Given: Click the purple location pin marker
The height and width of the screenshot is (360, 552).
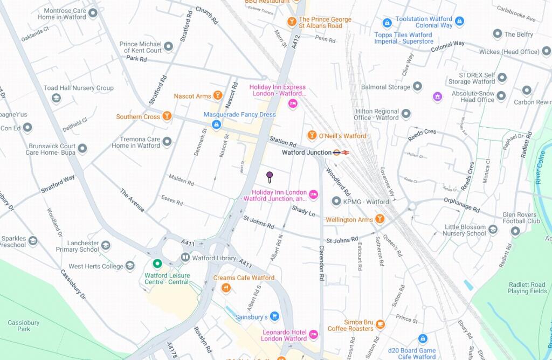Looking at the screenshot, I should (x=270, y=176).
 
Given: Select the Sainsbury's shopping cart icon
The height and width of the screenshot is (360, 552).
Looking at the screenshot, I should (x=274, y=316).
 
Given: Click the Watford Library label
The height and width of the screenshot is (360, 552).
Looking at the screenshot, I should (x=214, y=258).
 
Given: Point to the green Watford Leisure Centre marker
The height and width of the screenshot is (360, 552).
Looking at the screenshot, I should (x=157, y=264).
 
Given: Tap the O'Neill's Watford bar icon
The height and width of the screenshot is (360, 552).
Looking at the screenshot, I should (x=312, y=135).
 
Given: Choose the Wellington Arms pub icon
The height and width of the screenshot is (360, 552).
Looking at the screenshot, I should (x=379, y=219).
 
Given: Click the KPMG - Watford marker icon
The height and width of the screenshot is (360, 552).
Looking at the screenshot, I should (x=336, y=202).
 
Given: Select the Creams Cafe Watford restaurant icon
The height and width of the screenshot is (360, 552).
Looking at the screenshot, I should (x=226, y=288).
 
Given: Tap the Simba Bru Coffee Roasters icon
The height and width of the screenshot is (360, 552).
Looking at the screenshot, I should (x=381, y=324).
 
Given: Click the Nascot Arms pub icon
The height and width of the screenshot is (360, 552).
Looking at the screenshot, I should (x=217, y=96).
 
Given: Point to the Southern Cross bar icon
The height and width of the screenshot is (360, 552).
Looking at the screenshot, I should (x=167, y=116).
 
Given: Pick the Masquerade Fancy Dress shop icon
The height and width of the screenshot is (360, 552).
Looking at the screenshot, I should (x=216, y=124).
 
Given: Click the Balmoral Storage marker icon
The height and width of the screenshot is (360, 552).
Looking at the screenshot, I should (x=417, y=87).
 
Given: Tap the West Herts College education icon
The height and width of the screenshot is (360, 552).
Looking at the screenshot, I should (x=130, y=266).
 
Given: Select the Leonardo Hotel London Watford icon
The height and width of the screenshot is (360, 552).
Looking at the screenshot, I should (x=313, y=334).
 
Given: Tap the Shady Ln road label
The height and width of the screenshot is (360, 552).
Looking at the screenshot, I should (x=303, y=210).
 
